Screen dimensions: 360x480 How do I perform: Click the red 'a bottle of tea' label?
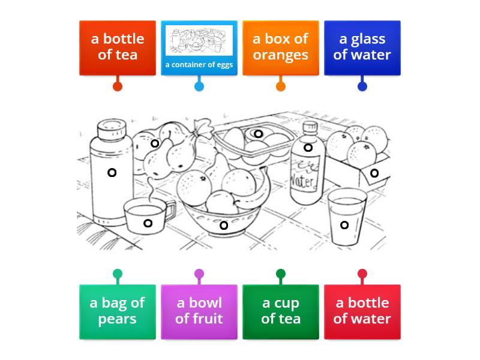click(x=117, y=47)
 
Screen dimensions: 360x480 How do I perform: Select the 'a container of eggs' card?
click(x=199, y=47)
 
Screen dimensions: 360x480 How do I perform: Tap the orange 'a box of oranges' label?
click(x=280, y=47)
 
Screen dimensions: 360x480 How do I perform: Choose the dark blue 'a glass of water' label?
click(x=362, y=47)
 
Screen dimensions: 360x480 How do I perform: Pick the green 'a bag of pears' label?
click(x=117, y=311)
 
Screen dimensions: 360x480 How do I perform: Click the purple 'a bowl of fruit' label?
click(x=199, y=311)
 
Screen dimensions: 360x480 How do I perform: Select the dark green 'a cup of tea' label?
click(x=280, y=311)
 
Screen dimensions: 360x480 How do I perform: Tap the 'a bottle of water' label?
click(x=362, y=311)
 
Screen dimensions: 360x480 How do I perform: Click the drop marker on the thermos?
click(x=112, y=173)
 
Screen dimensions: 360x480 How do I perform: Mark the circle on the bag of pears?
click(x=155, y=143)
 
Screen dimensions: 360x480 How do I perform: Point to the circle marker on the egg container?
click(x=258, y=134)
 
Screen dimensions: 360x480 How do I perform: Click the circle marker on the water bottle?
click(x=308, y=148)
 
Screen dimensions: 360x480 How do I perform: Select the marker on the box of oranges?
click(x=374, y=173)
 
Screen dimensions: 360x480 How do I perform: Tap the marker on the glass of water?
click(x=344, y=225)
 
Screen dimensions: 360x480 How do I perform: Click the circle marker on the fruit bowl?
click(x=223, y=226)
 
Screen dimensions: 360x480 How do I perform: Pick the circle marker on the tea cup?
click(x=148, y=224)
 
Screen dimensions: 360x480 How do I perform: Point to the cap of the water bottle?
click(x=310, y=128)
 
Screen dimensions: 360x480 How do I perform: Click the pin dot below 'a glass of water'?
click(x=362, y=86)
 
